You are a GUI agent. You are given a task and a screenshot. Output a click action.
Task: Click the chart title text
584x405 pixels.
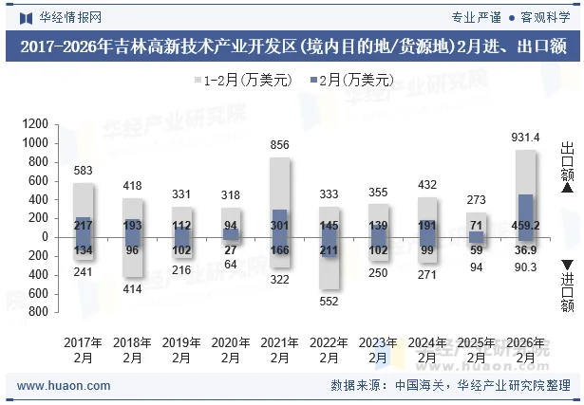[292, 47]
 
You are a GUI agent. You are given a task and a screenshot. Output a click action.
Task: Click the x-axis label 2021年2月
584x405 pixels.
[280, 350]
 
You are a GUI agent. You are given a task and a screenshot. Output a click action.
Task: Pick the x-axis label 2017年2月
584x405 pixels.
[84, 350]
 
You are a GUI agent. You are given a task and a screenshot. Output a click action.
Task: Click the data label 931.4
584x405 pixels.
[525, 138]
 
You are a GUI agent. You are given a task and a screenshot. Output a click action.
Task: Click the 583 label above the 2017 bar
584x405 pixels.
[84, 171]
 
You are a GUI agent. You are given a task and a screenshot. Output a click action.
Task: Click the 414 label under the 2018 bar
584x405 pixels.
[133, 288]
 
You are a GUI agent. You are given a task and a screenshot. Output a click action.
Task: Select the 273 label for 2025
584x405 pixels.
[477, 200]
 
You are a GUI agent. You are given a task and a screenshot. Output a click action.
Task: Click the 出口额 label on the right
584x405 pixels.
[567, 162]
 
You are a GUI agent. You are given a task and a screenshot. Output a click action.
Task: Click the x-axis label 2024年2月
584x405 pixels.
[427, 350]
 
